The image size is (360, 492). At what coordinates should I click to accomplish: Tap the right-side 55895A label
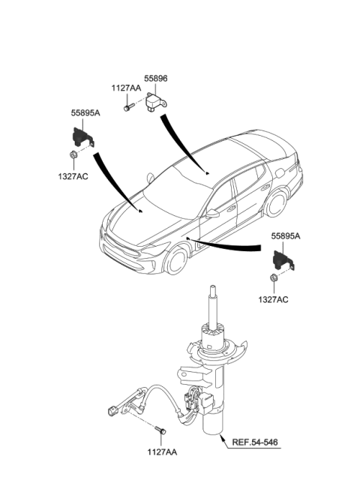click(286, 235)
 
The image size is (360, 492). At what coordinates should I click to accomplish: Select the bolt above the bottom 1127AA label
click(160, 432)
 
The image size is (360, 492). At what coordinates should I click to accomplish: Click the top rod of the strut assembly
click(214, 304)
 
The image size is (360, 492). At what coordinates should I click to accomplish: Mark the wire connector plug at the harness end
click(112, 409)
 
